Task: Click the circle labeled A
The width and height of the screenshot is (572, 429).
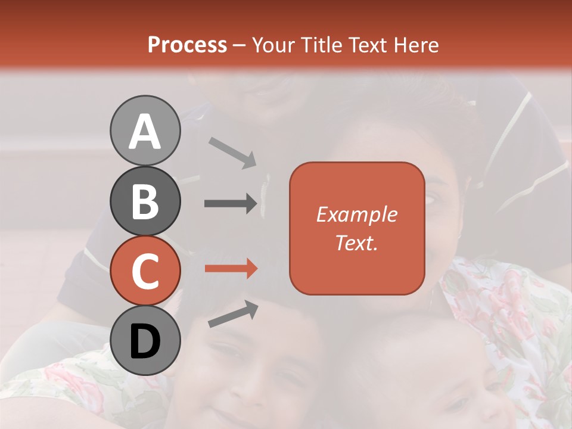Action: coord(145,130)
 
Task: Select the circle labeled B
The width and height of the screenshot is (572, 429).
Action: coord(145,201)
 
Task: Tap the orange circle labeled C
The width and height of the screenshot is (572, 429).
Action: coord(145,271)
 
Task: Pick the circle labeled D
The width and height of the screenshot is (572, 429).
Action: coord(145,341)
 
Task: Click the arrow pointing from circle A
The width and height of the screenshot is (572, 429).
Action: coord(232,153)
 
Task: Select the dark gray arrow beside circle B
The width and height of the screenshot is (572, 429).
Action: coord(231,204)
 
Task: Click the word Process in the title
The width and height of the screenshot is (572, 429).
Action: coord(187,45)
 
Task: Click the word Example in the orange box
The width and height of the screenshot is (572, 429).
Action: coord(356,214)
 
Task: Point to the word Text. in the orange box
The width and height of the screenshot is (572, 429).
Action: coord(356,243)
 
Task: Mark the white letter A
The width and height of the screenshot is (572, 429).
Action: coord(145,132)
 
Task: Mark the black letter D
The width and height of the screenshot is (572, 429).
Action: coord(145,341)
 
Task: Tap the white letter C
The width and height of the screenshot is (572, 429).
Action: coord(145,271)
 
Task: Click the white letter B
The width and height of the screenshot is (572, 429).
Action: coord(145,201)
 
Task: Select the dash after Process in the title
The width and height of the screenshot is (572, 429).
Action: coord(240,46)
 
